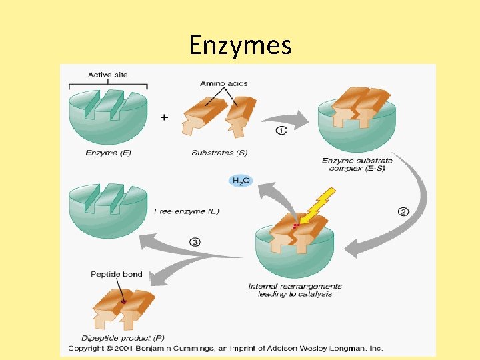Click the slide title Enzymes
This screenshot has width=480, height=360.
pyautogui.click(x=240, y=45)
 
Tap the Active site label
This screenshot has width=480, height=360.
pyautogui.click(x=108, y=75)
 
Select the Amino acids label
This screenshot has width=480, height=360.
pyautogui.click(x=224, y=83)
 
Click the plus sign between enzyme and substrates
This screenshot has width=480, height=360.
pyautogui.click(x=165, y=117)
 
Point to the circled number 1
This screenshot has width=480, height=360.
pyautogui.click(x=281, y=131)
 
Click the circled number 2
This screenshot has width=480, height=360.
pyautogui.click(x=403, y=212)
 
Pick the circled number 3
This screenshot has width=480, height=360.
pyautogui.click(x=195, y=242)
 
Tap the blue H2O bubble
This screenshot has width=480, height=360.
pyautogui.click(x=241, y=181)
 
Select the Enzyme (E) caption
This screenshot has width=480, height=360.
pyautogui.click(x=108, y=153)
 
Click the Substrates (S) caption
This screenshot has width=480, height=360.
pyautogui.click(x=219, y=153)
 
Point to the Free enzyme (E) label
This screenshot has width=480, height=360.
pyautogui.click(x=187, y=211)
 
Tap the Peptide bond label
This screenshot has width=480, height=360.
pyautogui.click(x=117, y=275)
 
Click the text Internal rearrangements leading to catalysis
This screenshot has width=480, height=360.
pyautogui.click(x=295, y=291)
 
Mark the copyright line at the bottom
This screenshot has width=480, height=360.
pyautogui.click(x=225, y=348)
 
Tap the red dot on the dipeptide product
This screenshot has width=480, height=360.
pyautogui.click(x=123, y=303)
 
